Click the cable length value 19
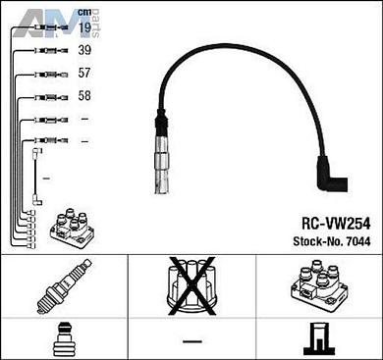tap(84, 27)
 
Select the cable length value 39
tap(84, 50)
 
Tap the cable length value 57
tap(84, 73)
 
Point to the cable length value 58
tap(84, 95)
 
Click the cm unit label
tap(84, 13)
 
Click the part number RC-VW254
tap(336, 224)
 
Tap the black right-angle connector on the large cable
tap(331, 175)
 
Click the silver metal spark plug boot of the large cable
tap(162, 164)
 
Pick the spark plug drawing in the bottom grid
tap(64, 286)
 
